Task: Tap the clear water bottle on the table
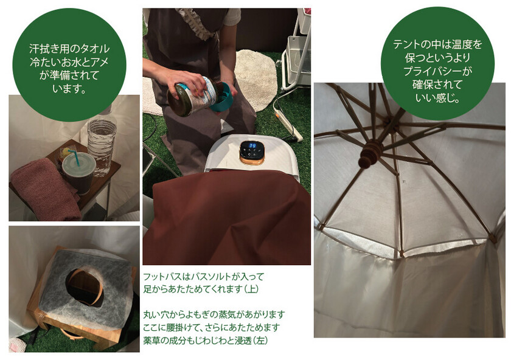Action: tap(102, 144)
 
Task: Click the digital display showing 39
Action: tap(252, 145)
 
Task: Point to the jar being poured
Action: tap(192, 96)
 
